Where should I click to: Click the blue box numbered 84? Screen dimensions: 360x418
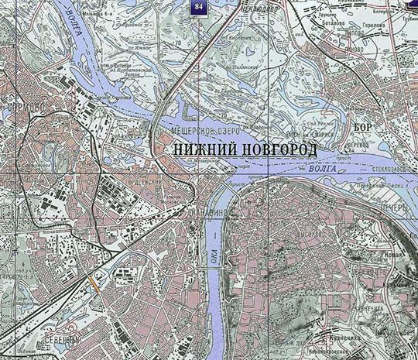point(200,7)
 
